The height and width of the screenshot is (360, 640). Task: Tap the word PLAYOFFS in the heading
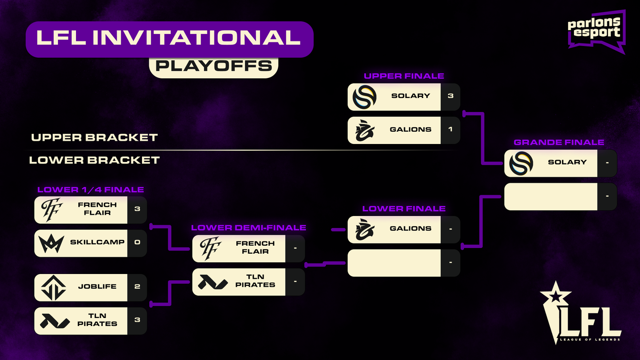214,66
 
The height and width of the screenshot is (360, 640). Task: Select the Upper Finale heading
404,76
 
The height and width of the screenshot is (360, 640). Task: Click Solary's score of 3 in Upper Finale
450,96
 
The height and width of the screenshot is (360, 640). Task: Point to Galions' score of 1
450,130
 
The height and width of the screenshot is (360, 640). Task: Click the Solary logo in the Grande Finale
521,163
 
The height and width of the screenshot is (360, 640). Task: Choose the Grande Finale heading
559,142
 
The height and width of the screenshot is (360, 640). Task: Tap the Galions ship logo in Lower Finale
364,230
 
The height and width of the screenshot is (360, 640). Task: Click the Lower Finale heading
404,209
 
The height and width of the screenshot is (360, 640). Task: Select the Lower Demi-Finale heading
248,228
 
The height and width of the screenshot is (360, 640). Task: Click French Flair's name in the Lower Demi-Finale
255,248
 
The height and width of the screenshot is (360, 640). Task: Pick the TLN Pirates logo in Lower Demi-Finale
213,282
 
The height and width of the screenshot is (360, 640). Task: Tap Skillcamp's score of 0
137,242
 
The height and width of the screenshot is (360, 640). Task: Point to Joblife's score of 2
137,286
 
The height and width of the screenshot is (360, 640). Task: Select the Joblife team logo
54,288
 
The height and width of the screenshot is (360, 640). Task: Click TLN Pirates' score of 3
137,320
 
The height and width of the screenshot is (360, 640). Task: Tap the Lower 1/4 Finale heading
90,190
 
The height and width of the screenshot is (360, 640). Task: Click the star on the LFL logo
556,296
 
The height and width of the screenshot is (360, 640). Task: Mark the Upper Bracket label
94,138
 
